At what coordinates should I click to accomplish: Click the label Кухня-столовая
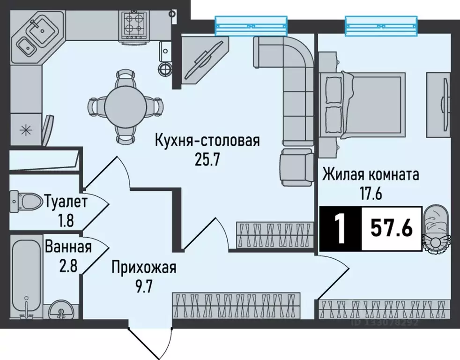click(208, 140)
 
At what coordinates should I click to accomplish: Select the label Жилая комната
click(371, 175)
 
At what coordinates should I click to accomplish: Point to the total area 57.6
click(392, 228)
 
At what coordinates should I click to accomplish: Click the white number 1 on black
click(340, 228)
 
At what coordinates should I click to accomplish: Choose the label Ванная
click(68, 247)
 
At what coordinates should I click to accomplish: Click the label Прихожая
click(144, 268)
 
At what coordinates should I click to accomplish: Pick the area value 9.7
click(143, 287)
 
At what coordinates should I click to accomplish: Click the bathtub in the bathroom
click(26, 278)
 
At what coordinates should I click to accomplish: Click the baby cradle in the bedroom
click(436, 230)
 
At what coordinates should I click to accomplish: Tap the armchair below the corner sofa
click(297, 167)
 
